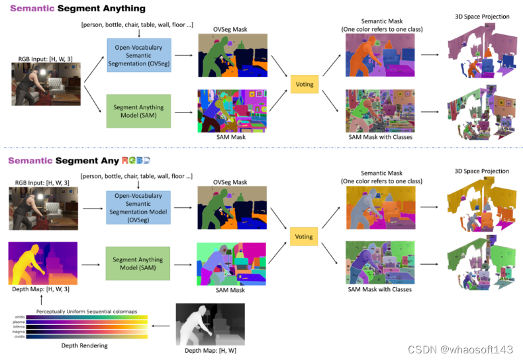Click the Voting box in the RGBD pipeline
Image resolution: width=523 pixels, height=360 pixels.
[305, 236]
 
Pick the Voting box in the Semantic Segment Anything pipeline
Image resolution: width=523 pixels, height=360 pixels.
[305, 84]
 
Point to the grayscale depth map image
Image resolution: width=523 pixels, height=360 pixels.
[210, 324]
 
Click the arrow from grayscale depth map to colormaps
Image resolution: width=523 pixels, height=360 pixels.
[162, 326]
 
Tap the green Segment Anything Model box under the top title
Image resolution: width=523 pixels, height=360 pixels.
[138, 111]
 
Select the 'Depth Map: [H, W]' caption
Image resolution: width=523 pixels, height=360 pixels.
[210, 351]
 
